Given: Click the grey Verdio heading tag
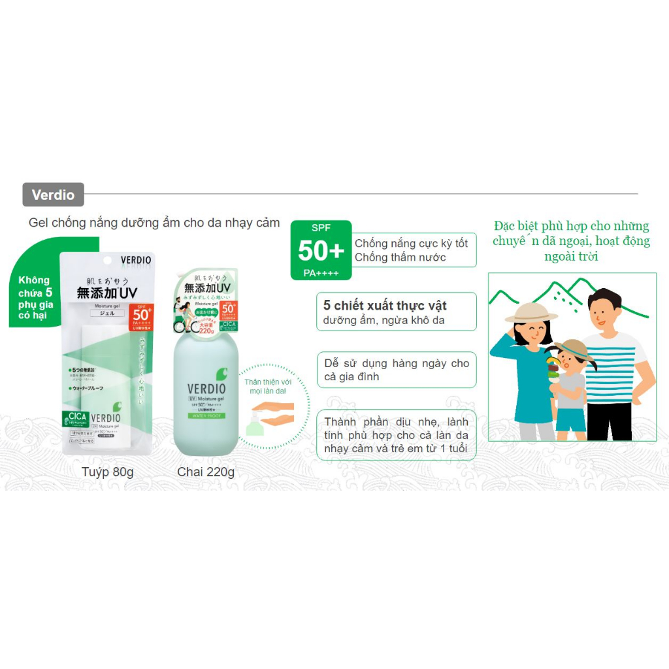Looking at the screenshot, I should (x=53, y=195).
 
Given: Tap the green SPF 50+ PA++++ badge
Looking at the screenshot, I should (x=321, y=251).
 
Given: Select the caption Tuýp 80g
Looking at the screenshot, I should (x=108, y=472).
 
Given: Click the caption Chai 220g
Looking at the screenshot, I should (x=206, y=472).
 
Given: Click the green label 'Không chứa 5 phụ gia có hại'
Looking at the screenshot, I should (x=35, y=297).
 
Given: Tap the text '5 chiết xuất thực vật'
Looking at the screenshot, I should (x=385, y=306).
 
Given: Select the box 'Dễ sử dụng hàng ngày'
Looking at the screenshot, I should (x=397, y=370).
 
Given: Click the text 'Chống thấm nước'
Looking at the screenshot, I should (x=400, y=257).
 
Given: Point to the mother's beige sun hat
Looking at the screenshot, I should (x=531, y=312).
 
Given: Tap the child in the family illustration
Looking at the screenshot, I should (x=571, y=389).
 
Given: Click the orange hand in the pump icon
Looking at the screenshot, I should (x=274, y=412).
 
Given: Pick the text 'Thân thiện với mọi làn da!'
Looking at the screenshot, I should (x=265, y=387).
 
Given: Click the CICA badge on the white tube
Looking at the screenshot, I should (x=74, y=419).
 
